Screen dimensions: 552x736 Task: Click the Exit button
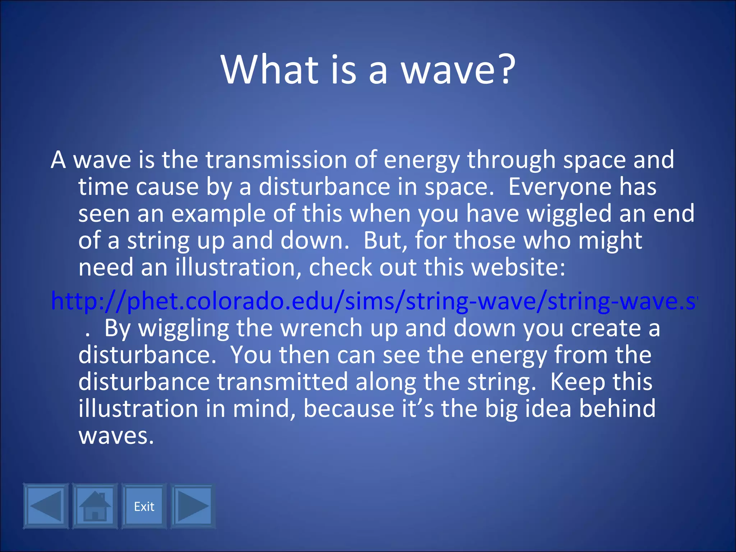(144, 506)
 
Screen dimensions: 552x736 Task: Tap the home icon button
(95, 506)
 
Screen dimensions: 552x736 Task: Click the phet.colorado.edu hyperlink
(374, 301)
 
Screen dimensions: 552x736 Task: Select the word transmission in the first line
(276, 160)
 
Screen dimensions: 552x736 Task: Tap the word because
(349, 409)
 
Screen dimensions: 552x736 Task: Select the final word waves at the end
(116, 436)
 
